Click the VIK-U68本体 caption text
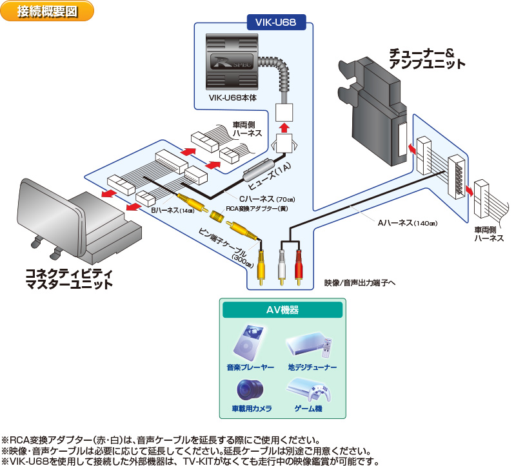(x=233, y=97)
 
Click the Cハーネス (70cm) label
(x=258, y=199)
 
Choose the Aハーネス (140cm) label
(x=407, y=223)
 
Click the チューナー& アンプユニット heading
(x=426, y=58)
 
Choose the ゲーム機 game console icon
(x=308, y=389)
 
